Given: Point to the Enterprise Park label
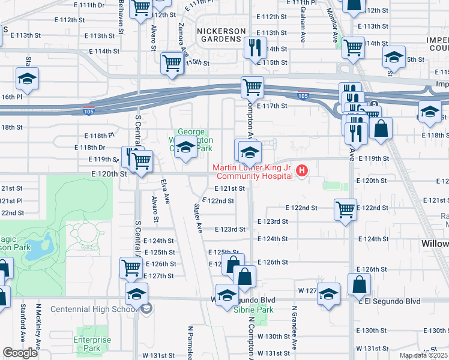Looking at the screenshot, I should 92,344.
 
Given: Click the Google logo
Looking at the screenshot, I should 20,353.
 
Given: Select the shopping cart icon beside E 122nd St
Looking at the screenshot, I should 345,210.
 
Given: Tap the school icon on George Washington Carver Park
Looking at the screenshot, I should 186,147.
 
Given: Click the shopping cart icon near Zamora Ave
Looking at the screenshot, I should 172,63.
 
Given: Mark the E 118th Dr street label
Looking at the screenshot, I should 89,148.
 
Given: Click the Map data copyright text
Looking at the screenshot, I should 424,356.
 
